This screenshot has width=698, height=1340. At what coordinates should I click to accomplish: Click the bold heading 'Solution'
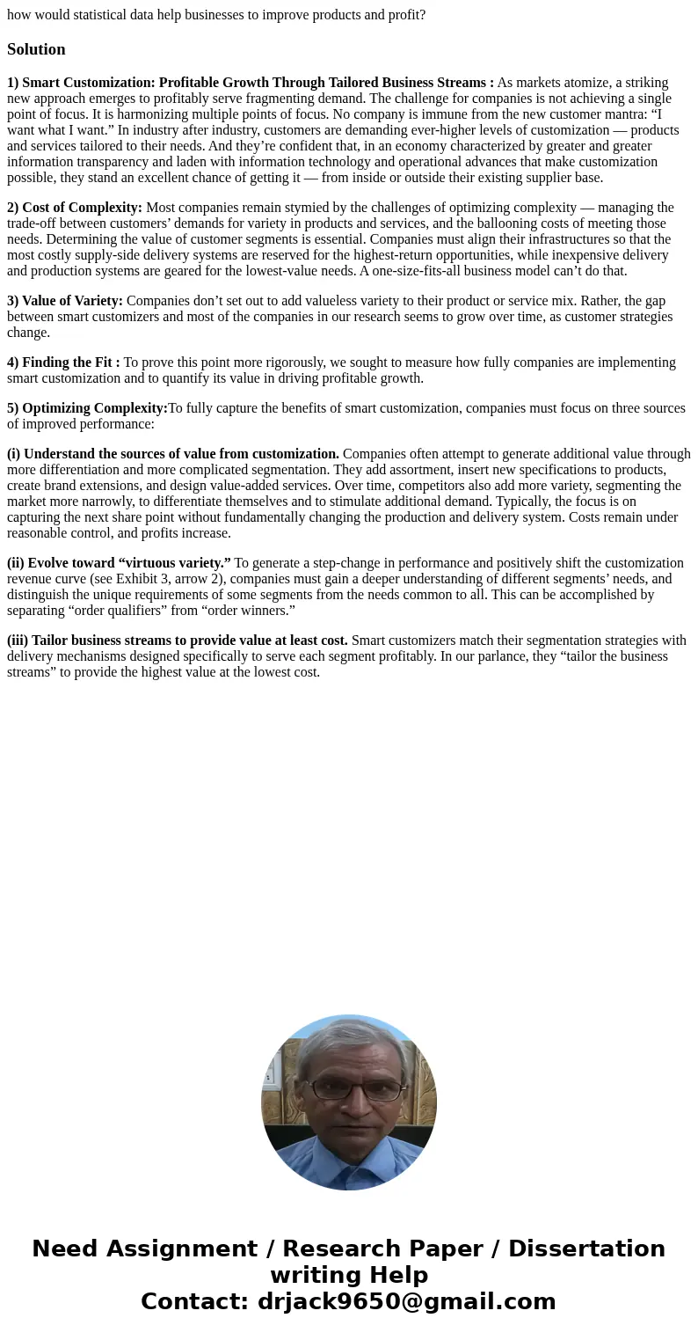point(36,49)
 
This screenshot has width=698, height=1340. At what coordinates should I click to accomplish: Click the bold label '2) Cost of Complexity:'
point(75,208)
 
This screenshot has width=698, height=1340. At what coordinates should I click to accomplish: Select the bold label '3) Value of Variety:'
point(65,301)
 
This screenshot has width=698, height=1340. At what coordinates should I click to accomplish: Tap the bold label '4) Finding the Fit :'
point(63,362)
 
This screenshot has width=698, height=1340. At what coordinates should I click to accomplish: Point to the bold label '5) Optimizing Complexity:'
point(87,408)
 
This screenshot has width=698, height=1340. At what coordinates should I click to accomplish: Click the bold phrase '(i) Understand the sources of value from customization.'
point(173,454)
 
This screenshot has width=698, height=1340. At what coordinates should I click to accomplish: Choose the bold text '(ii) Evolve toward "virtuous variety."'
point(119,563)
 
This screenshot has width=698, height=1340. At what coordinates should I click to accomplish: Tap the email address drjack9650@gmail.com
point(406,1301)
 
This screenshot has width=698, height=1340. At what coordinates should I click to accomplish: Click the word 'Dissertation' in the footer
point(586,1248)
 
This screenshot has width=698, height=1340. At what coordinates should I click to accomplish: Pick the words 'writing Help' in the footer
point(349,1275)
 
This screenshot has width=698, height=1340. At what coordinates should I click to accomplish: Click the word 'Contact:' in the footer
point(194,1301)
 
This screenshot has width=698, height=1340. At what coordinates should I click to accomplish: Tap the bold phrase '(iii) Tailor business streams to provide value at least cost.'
point(178,641)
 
